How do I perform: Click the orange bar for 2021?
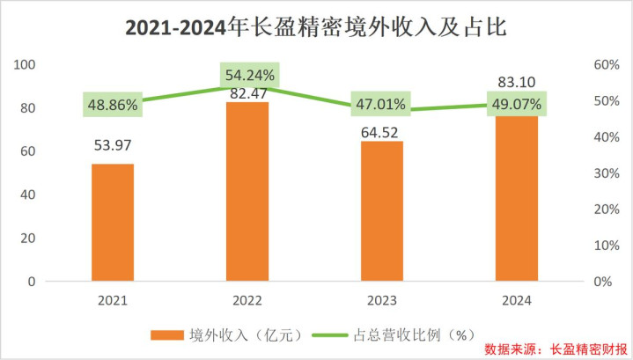click(x=113, y=222)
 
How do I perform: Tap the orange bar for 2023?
click(x=382, y=211)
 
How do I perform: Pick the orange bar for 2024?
click(x=517, y=198)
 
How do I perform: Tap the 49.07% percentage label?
click(x=516, y=104)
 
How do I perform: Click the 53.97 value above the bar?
click(x=113, y=145)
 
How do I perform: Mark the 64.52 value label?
click(x=382, y=123)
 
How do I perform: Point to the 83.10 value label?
click(x=517, y=82)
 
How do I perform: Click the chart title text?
click(x=316, y=28)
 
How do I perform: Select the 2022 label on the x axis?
click(x=247, y=300)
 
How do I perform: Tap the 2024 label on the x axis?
click(x=517, y=300)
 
